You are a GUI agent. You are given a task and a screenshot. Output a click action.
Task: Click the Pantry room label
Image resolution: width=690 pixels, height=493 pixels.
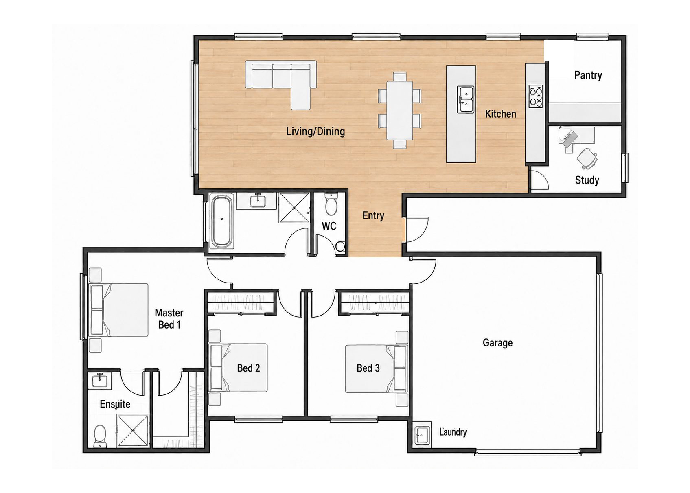[588, 75]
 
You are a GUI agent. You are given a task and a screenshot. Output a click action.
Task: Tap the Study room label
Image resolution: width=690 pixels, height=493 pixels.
[587, 180]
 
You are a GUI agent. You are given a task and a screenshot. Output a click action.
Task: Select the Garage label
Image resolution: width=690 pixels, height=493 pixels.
[497, 343]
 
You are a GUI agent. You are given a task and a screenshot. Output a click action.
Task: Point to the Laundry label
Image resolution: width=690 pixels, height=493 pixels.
[453, 432]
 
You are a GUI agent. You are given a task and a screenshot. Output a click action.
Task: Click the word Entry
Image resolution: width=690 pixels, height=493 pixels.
[373, 216]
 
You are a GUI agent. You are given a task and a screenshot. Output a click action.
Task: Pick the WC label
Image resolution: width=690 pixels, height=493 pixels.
[329, 226]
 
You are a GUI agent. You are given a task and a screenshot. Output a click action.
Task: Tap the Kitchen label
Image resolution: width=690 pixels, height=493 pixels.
[501, 114]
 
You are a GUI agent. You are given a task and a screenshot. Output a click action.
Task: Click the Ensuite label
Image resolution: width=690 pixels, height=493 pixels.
[115, 404]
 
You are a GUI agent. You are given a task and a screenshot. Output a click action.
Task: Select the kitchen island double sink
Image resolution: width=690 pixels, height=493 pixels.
[465, 99]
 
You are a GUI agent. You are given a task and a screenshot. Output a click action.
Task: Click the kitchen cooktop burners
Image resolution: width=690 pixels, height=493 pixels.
[536, 96]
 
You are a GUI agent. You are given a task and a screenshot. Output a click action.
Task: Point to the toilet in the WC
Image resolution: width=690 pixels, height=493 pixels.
[331, 204]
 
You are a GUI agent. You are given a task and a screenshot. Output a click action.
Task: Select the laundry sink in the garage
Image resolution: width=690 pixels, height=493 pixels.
[422, 435]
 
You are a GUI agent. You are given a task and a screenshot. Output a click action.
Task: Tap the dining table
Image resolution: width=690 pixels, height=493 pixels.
[399, 110]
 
